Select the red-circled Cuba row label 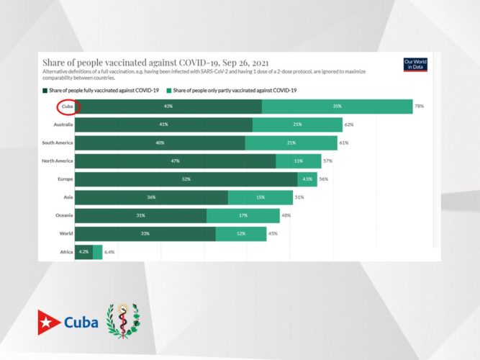coord(67,107)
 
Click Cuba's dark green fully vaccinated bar coord(168,107)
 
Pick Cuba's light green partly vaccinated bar coord(336,107)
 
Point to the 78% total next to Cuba coord(419,107)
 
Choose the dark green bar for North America coord(175,161)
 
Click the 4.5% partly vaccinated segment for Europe coord(307,179)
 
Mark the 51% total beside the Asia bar coord(299,197)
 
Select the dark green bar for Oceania coord(140,215)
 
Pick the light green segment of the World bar coord(240,233)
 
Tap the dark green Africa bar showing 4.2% coord(83,252)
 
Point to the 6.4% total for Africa coord(109,252)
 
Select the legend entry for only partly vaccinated coord(233,91)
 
